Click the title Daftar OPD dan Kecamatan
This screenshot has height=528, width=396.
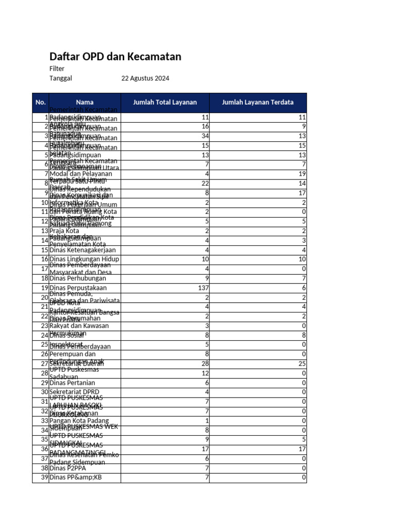pos(115,57)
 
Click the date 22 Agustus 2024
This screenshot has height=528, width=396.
pos(145,79)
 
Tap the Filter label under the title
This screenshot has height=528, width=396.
pos(57,69)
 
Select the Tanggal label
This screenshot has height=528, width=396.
pos(60,79)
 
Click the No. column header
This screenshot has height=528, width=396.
pos(41,103)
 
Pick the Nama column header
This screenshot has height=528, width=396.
pos(85,103)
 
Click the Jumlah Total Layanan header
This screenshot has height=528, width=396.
pos(165,103)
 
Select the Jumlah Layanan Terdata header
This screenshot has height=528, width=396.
pos(258,103)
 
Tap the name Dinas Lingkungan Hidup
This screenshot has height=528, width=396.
pos(84,259)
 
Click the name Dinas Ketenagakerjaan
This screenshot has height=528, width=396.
pos(82,250)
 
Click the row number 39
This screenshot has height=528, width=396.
pos(44,477)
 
